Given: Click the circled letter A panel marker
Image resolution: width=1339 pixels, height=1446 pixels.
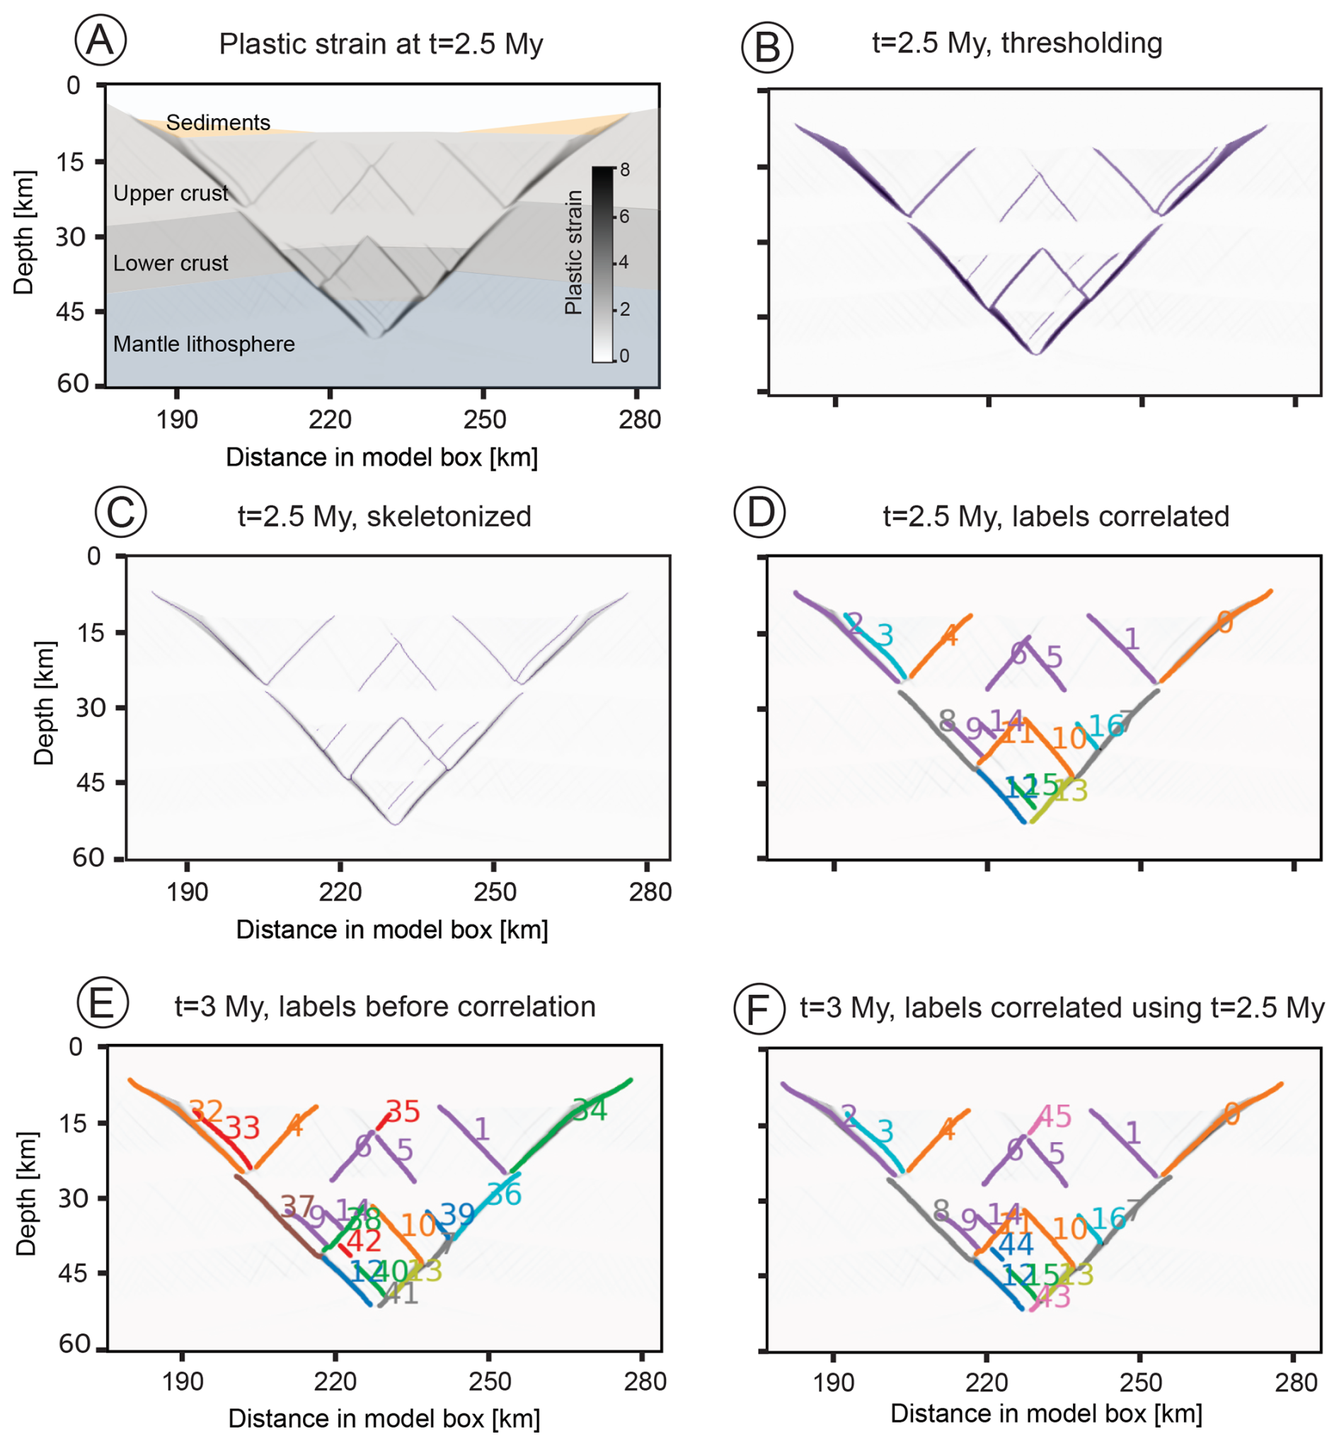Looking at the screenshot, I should (x=100, y=40).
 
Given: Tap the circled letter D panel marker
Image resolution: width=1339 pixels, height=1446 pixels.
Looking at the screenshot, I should (x=759, y=513).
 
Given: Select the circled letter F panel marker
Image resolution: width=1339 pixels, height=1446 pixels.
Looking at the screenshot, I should (x=759, y=1009).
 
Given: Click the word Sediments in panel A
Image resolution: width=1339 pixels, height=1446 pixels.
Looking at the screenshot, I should (x=218, y=122).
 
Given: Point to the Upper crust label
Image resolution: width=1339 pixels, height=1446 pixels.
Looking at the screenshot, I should (x=171, y=193).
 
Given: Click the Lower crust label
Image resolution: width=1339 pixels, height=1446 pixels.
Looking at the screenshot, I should (x=171, y=263).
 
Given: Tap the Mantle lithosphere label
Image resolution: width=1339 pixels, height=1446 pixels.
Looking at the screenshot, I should (x=204, y=344).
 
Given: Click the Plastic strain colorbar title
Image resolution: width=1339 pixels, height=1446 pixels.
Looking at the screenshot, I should (x=574, y=252).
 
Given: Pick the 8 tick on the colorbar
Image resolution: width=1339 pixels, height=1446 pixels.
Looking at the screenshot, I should (x=625, y=171).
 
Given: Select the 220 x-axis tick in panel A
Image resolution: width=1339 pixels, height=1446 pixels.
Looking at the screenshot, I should (x=331, y=420).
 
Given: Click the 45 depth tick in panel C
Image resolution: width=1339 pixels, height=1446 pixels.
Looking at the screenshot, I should (x=91, y=782).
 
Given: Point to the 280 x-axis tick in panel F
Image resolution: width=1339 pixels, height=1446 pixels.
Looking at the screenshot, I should (x=1296, y=1383).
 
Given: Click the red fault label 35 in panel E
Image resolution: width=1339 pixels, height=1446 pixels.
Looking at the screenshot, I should (x=403, y=1112).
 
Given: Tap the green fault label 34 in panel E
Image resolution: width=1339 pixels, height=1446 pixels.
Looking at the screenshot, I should (x=590, y=1110).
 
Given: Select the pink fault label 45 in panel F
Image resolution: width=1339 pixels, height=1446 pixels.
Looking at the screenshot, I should (x=1054, y=1116).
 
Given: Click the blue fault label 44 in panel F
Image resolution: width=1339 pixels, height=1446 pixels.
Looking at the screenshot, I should (x=1016, y=1244).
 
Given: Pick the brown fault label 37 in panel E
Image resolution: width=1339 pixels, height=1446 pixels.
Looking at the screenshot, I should (x=298, y=1206).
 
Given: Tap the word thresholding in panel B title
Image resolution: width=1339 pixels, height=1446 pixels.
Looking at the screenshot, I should (x=1081, y=43).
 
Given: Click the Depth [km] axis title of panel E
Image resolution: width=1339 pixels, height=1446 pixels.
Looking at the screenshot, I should (x=26, y=1194).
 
